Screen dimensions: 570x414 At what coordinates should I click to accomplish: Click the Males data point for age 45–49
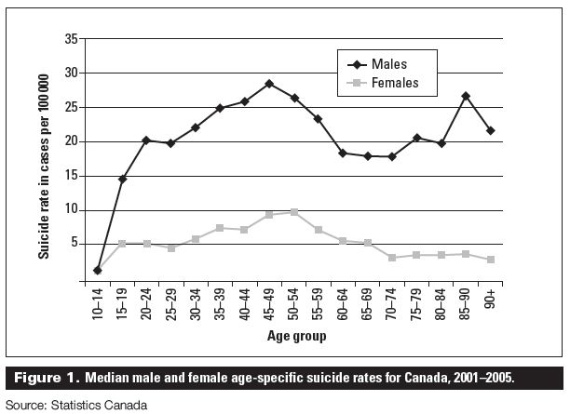269,84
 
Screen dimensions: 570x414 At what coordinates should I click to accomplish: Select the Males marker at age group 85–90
466,96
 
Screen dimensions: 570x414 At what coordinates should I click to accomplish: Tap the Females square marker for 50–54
294,212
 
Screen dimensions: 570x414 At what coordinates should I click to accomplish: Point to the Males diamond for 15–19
122,179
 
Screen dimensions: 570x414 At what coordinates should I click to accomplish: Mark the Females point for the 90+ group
491,260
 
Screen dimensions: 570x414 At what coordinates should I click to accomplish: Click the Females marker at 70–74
392,258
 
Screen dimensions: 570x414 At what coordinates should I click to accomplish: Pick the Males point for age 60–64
343,153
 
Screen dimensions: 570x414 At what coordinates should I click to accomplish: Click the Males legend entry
377,64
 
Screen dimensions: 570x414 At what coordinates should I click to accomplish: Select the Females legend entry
383,83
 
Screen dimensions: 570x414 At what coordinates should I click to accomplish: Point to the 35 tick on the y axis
72,38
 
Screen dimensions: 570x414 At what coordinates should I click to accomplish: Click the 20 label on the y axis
72,141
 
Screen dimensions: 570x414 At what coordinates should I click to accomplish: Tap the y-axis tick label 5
75,243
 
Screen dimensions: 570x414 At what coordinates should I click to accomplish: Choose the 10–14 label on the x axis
98,304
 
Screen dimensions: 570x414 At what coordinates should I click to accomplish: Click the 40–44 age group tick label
245,304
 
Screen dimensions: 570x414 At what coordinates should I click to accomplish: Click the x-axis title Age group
296,336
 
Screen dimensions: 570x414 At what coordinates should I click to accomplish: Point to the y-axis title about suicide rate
44,167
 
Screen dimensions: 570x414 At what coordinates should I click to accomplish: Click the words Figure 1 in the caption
47,378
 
